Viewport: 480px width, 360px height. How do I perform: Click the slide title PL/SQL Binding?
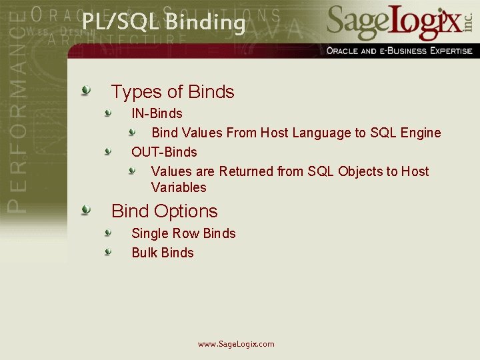coord(164,22)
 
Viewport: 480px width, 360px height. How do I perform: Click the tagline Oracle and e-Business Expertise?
coord(399,51)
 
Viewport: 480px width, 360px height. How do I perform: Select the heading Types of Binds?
coord(173,91)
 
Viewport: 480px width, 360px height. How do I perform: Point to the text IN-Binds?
coord(157,113)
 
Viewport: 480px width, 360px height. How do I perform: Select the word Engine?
coord(421,133)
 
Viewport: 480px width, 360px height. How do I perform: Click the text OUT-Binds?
coord(164,152)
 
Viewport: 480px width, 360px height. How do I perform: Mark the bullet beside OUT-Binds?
coord(107,152)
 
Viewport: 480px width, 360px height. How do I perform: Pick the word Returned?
coord(246,171)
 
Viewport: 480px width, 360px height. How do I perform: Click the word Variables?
coord(179,187)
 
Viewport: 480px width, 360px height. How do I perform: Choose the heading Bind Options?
coord(165,211)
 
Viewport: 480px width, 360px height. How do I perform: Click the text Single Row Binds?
coord(183,233)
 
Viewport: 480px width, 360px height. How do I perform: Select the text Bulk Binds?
coord(163,253)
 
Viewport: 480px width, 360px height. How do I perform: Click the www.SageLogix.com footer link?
coord(236,344)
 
